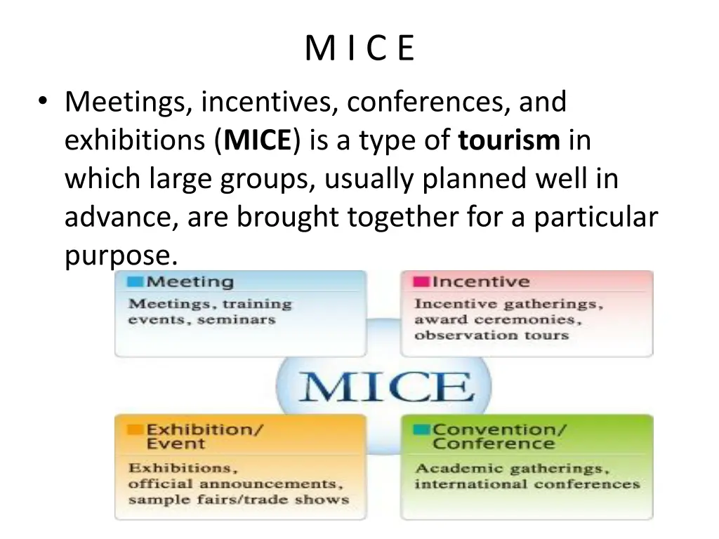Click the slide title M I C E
click(360, 49)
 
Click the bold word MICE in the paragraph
click(256, 141)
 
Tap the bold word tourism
click(509, 141)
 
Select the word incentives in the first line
click(269, 102)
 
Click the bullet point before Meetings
click(44, 103)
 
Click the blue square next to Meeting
click(135, 282)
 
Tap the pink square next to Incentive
click(421, 282)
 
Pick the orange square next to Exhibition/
click(135, 429)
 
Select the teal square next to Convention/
click(421, 429)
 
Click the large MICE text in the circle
click(384, 386)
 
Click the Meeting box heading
click(189, 282)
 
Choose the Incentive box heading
click(480, 282)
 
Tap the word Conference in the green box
click(493, 444)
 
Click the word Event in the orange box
click(176, 444)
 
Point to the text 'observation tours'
click(491, 335)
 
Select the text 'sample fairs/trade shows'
click(238, 500)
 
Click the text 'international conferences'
click(527, 484)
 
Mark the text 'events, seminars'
click(202, 320)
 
